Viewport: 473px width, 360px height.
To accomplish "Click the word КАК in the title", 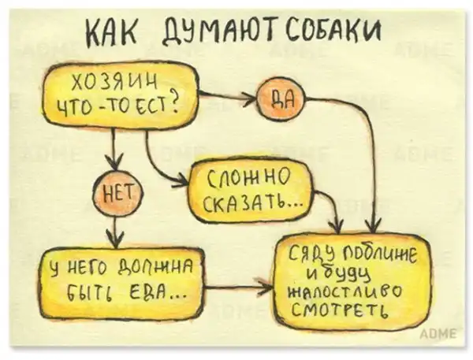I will [112, 32].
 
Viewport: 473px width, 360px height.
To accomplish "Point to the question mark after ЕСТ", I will [173, 103].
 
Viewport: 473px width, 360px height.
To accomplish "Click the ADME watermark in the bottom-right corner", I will [438, 334].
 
